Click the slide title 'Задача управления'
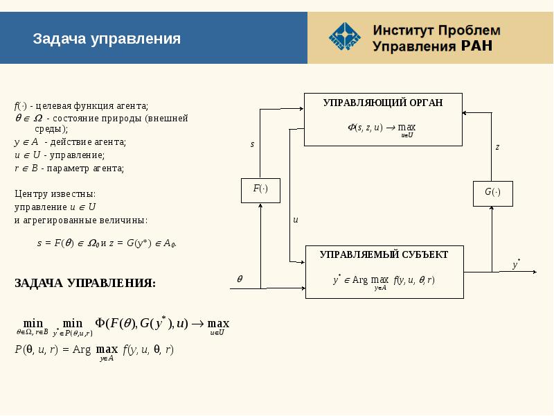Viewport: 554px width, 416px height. point(107,39)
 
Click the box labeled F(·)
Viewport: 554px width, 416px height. point(260,189)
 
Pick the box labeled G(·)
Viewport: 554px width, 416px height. point(492,192)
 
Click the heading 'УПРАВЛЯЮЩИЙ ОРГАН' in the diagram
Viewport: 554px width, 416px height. point(382,103)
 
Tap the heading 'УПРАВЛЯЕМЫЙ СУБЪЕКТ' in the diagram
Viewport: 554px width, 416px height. point(384,254)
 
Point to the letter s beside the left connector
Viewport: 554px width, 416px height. point(252,145)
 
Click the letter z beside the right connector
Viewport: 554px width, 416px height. point(497,147)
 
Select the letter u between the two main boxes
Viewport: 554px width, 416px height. point(295,220)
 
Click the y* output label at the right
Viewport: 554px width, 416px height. point(517,264)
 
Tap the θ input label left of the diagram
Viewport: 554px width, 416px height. point(240,279)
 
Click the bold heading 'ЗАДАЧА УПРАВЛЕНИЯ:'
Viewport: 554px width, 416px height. point(85,284)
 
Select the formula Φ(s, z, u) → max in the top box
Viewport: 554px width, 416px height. point(382,128)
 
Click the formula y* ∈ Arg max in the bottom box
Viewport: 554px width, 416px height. point(383,281)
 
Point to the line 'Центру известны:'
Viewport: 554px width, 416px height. point(55,193)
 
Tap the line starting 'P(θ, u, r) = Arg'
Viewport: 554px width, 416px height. point(94,350)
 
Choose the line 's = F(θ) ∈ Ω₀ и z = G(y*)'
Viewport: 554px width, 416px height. point(107,243)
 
